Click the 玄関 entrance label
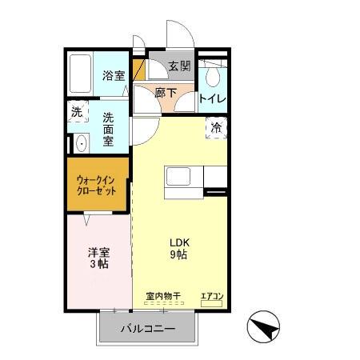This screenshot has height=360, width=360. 179,66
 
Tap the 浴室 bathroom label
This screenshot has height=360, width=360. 113,77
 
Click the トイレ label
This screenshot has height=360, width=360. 211,99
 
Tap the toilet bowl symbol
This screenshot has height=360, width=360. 212,75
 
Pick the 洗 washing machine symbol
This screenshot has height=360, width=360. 77,113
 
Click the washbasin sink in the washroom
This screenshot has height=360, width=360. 80,145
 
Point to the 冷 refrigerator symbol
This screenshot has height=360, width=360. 215,127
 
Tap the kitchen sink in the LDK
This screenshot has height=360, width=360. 177,175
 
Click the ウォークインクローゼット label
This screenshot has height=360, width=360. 97,186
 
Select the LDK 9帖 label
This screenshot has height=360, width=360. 178,249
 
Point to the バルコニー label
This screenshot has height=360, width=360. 148,329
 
